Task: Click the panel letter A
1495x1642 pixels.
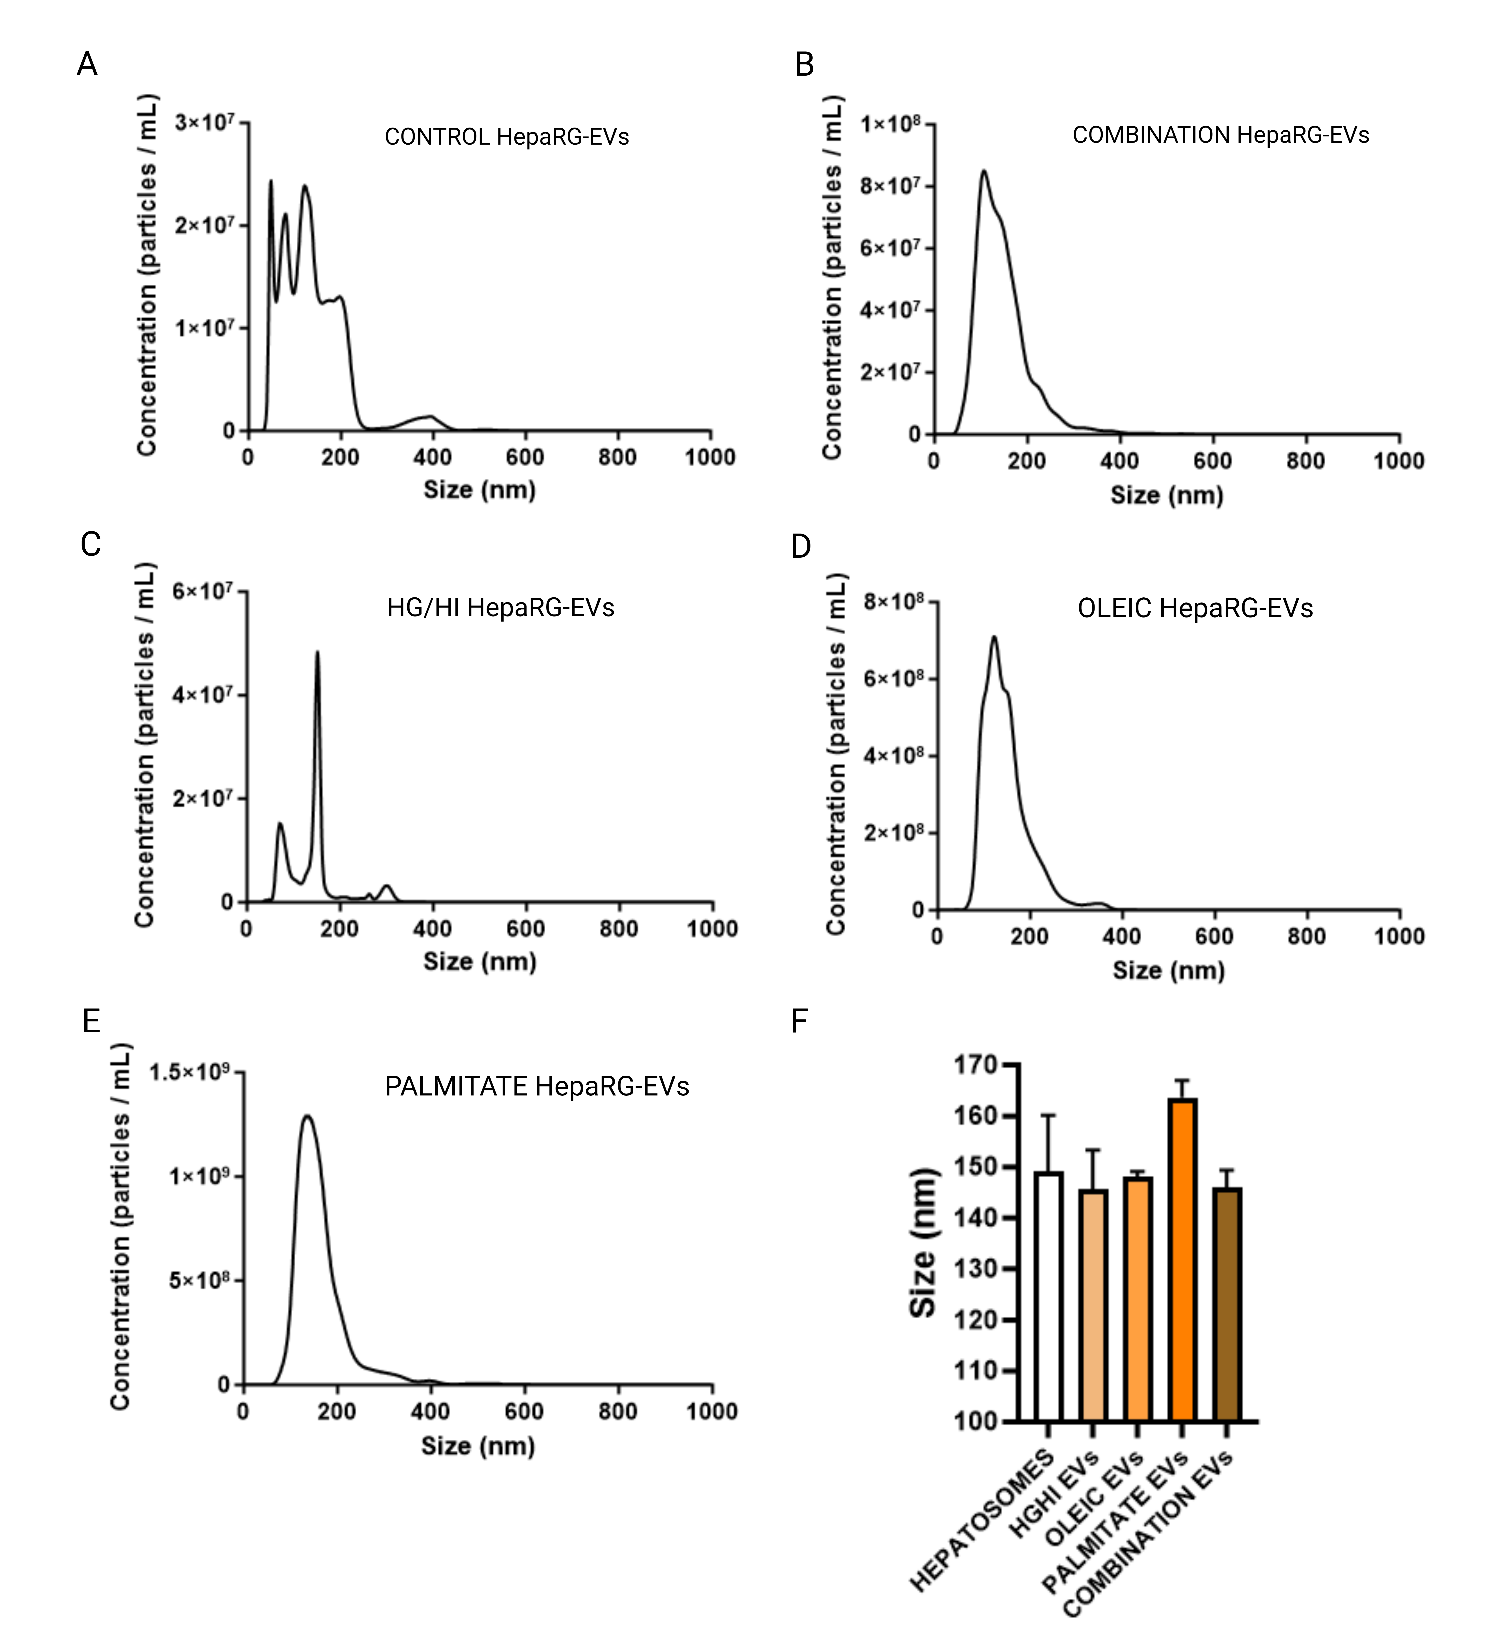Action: pos(87,63)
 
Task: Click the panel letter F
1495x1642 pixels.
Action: pos(799,1021)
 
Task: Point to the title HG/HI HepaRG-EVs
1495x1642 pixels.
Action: pos(500,608)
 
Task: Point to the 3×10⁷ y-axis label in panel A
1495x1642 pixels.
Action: pos(204,122)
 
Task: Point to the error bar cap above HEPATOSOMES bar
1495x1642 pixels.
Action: pos(1048,1115)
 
